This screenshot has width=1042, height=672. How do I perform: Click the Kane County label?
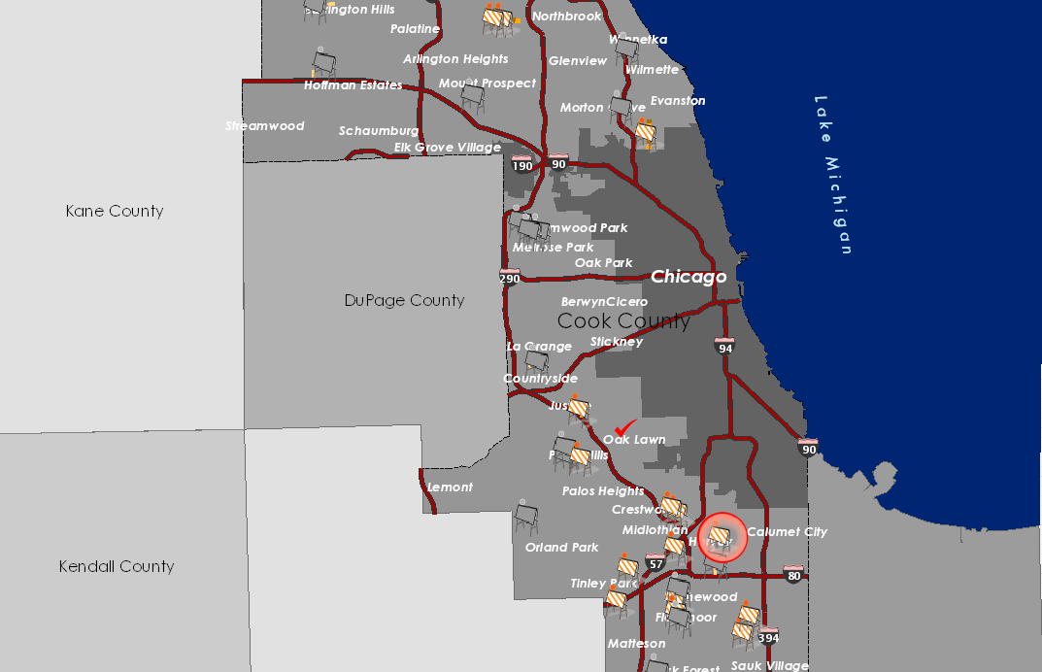coord(115,211)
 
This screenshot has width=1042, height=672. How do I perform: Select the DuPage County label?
coord(404,300)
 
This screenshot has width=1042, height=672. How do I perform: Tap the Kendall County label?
coord(117,566)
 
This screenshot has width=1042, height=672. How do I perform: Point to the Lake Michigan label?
coord(834,175)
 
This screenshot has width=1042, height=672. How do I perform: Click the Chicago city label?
coord(689,277)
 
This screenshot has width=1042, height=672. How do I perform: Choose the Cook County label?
coord(623,320)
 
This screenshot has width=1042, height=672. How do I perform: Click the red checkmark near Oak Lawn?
coord(625,427)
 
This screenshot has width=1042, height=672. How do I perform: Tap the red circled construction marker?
coord(722,537)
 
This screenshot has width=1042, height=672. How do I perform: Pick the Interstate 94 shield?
coord(724,346)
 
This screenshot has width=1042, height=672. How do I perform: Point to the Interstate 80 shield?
coord(793,574)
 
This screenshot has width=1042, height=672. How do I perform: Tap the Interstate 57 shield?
coord(655,562)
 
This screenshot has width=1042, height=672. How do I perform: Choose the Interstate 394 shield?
coord(768,636)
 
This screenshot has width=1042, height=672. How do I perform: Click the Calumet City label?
coord(787,532)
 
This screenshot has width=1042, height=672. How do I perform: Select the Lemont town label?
coord(450,487)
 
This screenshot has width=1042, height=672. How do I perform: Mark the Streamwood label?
coord(265,126)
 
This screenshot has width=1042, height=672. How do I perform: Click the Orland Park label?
coord(561,548)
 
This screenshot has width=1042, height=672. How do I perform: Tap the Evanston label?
coord(678,101)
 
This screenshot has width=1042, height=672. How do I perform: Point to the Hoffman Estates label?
coord(353,85)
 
